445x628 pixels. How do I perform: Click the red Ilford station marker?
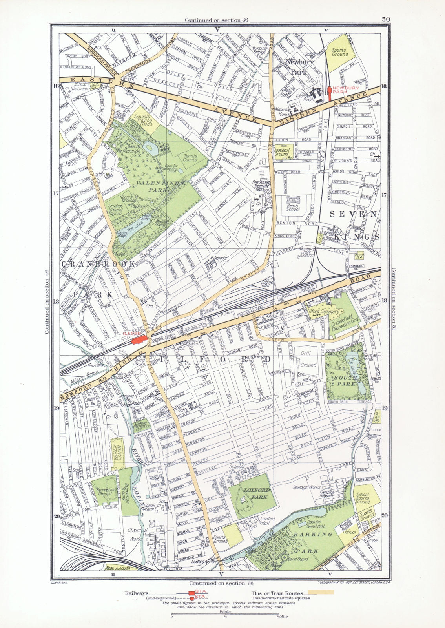pos(137,340)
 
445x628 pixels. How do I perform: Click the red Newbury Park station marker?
pos(330,93)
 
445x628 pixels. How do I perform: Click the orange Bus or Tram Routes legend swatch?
pos(321,592)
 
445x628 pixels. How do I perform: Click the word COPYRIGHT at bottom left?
pos(60,583)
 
